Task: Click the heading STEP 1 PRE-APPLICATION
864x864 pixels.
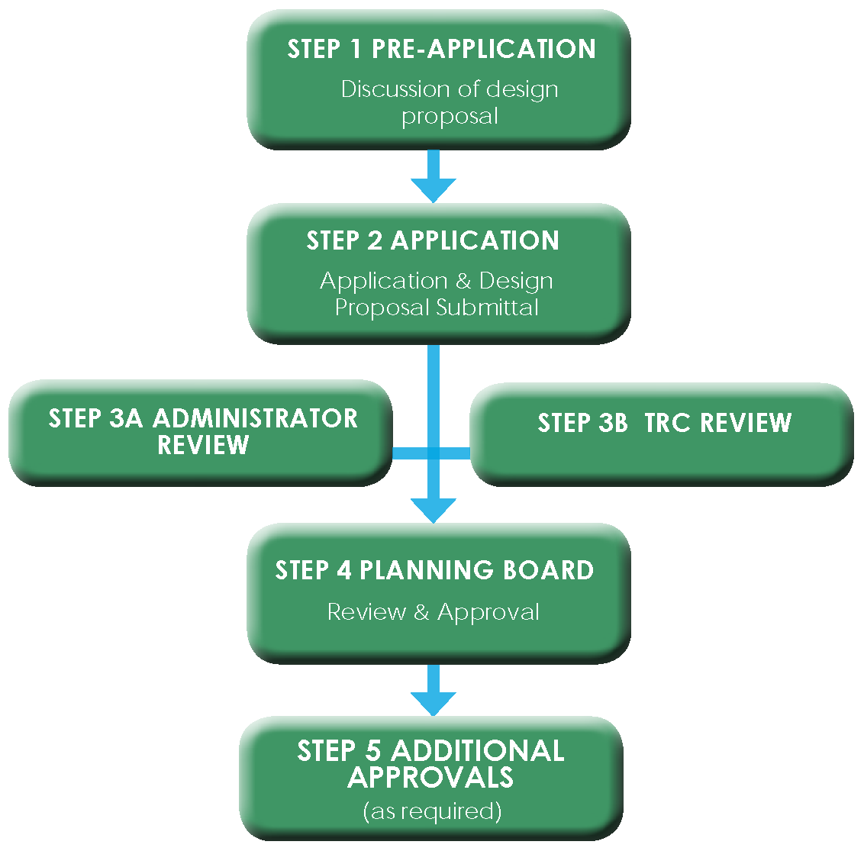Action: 441,50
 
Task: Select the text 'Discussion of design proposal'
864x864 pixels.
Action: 450,102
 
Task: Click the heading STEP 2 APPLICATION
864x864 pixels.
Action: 433,241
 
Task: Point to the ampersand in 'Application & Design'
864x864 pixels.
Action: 463,282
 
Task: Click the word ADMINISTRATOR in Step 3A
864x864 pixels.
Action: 255,418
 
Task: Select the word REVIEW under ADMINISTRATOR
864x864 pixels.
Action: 203,445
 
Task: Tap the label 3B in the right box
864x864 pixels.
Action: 613,423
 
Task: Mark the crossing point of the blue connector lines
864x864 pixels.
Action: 434,453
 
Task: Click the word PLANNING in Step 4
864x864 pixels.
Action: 426,571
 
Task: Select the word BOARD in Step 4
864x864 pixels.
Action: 548,571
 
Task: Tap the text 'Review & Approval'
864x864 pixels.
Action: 433,612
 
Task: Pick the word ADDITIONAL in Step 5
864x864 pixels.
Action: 478,751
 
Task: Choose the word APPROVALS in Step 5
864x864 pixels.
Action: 430,777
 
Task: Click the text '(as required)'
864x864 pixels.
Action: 432,811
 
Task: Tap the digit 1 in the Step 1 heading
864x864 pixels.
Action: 355,50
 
